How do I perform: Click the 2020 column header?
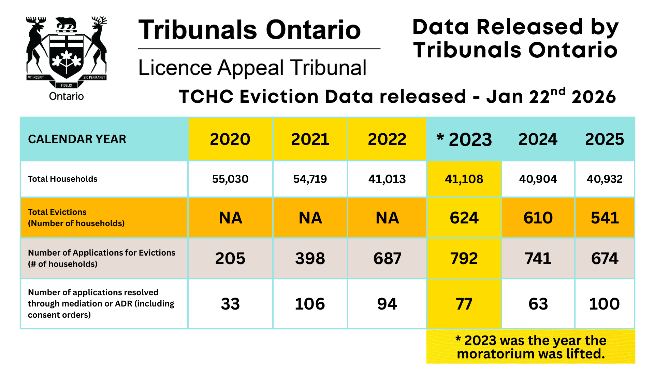point(230,139)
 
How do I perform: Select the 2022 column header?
point(387,139)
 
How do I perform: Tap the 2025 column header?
point(604,139)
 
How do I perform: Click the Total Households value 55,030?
point(230,179)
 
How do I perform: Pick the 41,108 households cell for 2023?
point(464,179)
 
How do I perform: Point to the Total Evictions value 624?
point(464,218)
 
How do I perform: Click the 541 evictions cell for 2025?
point(605,218)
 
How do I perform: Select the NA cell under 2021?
point(310,218)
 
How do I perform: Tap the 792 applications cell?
point(464,258)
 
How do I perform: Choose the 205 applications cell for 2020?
point(230,258)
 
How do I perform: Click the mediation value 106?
point(310,304)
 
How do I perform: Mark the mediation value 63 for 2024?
point(538,304)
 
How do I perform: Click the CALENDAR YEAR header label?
point(77,139)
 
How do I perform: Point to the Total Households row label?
point(62,179)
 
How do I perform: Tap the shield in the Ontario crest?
point(67,55)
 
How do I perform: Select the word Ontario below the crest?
point(66,96)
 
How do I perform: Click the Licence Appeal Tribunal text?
point(252,68)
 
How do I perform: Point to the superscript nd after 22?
point(558,91)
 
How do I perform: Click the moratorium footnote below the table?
point(531,347)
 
